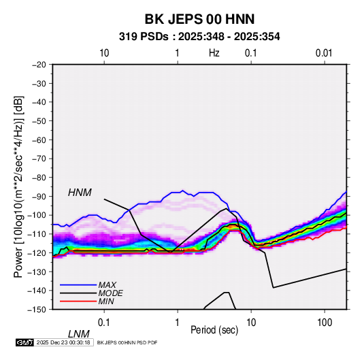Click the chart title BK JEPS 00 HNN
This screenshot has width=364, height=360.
coord(199,19)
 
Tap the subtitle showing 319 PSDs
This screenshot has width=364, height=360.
coord(199,37)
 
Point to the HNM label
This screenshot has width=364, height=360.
coord(80,193)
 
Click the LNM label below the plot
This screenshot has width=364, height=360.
coord(79,334)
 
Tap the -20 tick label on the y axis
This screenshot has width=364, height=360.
coord(39,65)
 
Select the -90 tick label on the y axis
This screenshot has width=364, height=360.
coord(39,196)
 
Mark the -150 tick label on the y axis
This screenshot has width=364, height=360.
coord(37,310)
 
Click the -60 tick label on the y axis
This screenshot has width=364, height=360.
coord(39,140)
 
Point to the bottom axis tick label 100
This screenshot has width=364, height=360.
coord(325,323)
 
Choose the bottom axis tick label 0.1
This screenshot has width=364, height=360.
coord(103,323)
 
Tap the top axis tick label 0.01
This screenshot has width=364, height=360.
coord(324,53)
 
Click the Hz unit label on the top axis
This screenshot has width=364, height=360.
coord(214,53)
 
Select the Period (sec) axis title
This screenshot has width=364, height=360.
coord(214,330)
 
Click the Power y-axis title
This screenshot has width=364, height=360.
coord(18,187)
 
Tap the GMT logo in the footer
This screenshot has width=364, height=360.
coord(24,342)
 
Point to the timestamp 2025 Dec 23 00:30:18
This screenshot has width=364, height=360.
coord(63,342)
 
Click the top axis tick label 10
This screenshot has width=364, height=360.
coord(104,53)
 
